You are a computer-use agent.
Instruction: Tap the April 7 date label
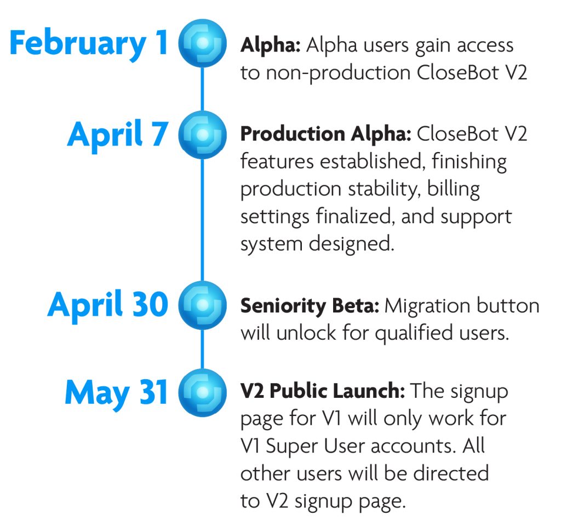coord(117,135)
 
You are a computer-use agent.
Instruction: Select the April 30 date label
coord(108,305)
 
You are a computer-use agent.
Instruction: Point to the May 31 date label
coord(116,393)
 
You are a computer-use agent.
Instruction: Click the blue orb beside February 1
coord(203,43)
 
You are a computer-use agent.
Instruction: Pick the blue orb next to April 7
coord(203,135)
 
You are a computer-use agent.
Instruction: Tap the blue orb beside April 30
coord(203,305)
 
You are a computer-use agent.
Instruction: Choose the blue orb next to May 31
coord(203,393)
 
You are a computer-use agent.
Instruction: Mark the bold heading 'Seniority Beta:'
coord(310,306)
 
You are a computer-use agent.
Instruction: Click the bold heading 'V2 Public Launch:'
coord(323,391)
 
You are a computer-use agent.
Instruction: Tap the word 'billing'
coord(454,189)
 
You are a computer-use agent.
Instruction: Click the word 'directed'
coord(451,473)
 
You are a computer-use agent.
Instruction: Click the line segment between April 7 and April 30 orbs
coord(203,220)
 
